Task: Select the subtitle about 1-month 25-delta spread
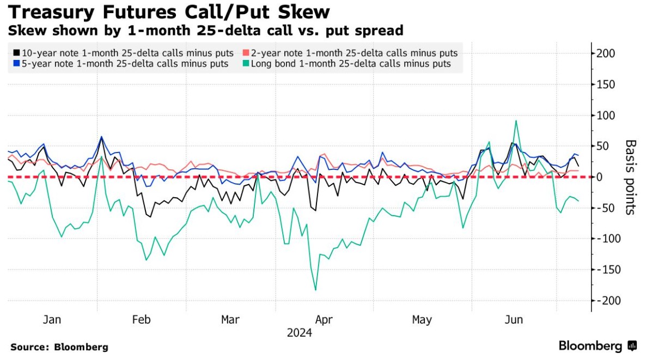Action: (x=205, y=30)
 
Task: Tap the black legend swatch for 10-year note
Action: (x=16, y=53)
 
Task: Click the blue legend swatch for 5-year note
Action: (x=16, y=64)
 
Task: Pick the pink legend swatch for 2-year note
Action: (x=246, y=53)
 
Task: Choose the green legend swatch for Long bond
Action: (x=246, y=64)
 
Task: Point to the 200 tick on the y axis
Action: (x=605, y=53)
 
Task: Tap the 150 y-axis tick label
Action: (x=605, y=84)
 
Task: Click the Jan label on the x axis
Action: (x=52, y=320)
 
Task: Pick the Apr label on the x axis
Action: (x=324, y=320)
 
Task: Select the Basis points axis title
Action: (x=630, y=177)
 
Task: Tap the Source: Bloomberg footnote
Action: (x=59, y=347)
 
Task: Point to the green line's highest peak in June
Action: (x=515, y=121)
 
